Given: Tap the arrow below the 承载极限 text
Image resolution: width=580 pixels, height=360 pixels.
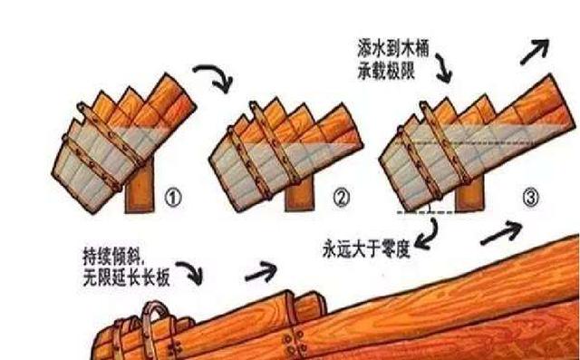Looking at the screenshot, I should (x=444, y=65).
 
